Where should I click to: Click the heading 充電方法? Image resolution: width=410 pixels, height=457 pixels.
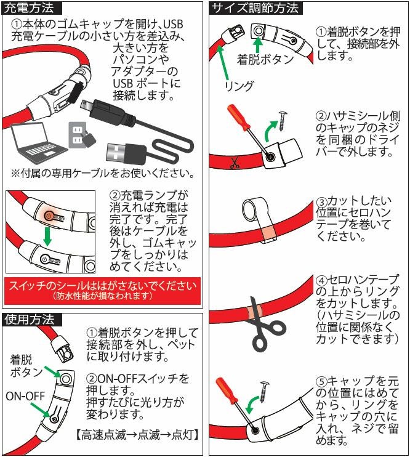32,9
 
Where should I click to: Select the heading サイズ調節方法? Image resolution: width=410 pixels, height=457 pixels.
255,9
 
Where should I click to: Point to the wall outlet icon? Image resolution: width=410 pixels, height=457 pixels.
76,134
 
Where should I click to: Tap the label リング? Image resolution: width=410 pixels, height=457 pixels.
238,86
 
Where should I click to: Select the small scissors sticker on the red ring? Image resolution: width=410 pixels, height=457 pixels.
233,164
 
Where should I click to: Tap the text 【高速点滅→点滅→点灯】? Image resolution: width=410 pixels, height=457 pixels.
136,435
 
